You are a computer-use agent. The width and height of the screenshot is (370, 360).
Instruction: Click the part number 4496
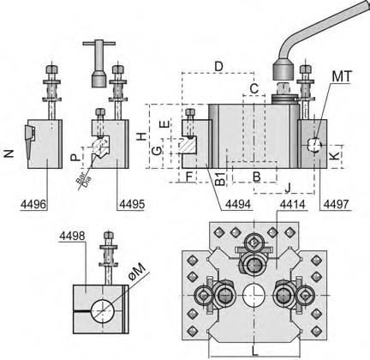coord(33,204)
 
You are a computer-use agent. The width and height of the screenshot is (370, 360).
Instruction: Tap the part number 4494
coord(238,204)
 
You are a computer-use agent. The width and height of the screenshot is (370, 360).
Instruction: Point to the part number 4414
coord(292,204)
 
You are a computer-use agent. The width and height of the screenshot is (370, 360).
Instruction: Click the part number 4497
coord(336,204)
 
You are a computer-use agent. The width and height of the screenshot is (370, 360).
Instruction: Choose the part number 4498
coord(72,236)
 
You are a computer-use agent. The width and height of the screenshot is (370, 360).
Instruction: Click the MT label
coord(342,76)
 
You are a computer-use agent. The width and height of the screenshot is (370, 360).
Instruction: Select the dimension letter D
coord(218,67)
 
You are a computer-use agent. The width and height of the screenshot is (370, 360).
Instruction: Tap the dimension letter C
coord(254,89)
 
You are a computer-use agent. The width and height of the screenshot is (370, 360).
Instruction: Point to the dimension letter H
coord(141,136)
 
